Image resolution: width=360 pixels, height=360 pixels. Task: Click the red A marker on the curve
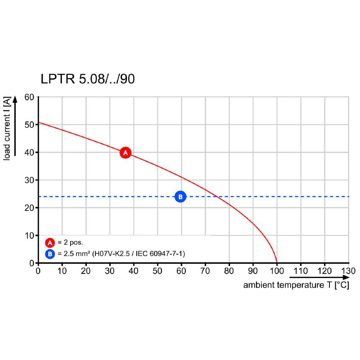[126, 153]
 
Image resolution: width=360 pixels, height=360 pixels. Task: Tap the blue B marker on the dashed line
[180, 197]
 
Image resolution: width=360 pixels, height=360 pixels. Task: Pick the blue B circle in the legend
[50, 254]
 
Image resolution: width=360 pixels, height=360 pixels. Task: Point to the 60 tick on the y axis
[29, 97]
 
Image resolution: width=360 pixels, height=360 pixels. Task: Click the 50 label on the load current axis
[29, 125]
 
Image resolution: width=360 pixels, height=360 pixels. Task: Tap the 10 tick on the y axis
[29, 235]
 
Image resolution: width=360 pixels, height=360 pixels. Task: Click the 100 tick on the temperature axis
[276, 271]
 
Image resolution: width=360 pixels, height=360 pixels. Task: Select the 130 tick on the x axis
[348, 271]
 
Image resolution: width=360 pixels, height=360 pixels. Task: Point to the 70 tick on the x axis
[205, 271]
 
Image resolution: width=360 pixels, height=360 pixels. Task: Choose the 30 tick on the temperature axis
[109, 271]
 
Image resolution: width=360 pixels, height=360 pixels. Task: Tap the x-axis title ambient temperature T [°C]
[296, 285]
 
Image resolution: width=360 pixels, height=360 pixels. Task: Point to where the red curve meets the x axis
[277, 263]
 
